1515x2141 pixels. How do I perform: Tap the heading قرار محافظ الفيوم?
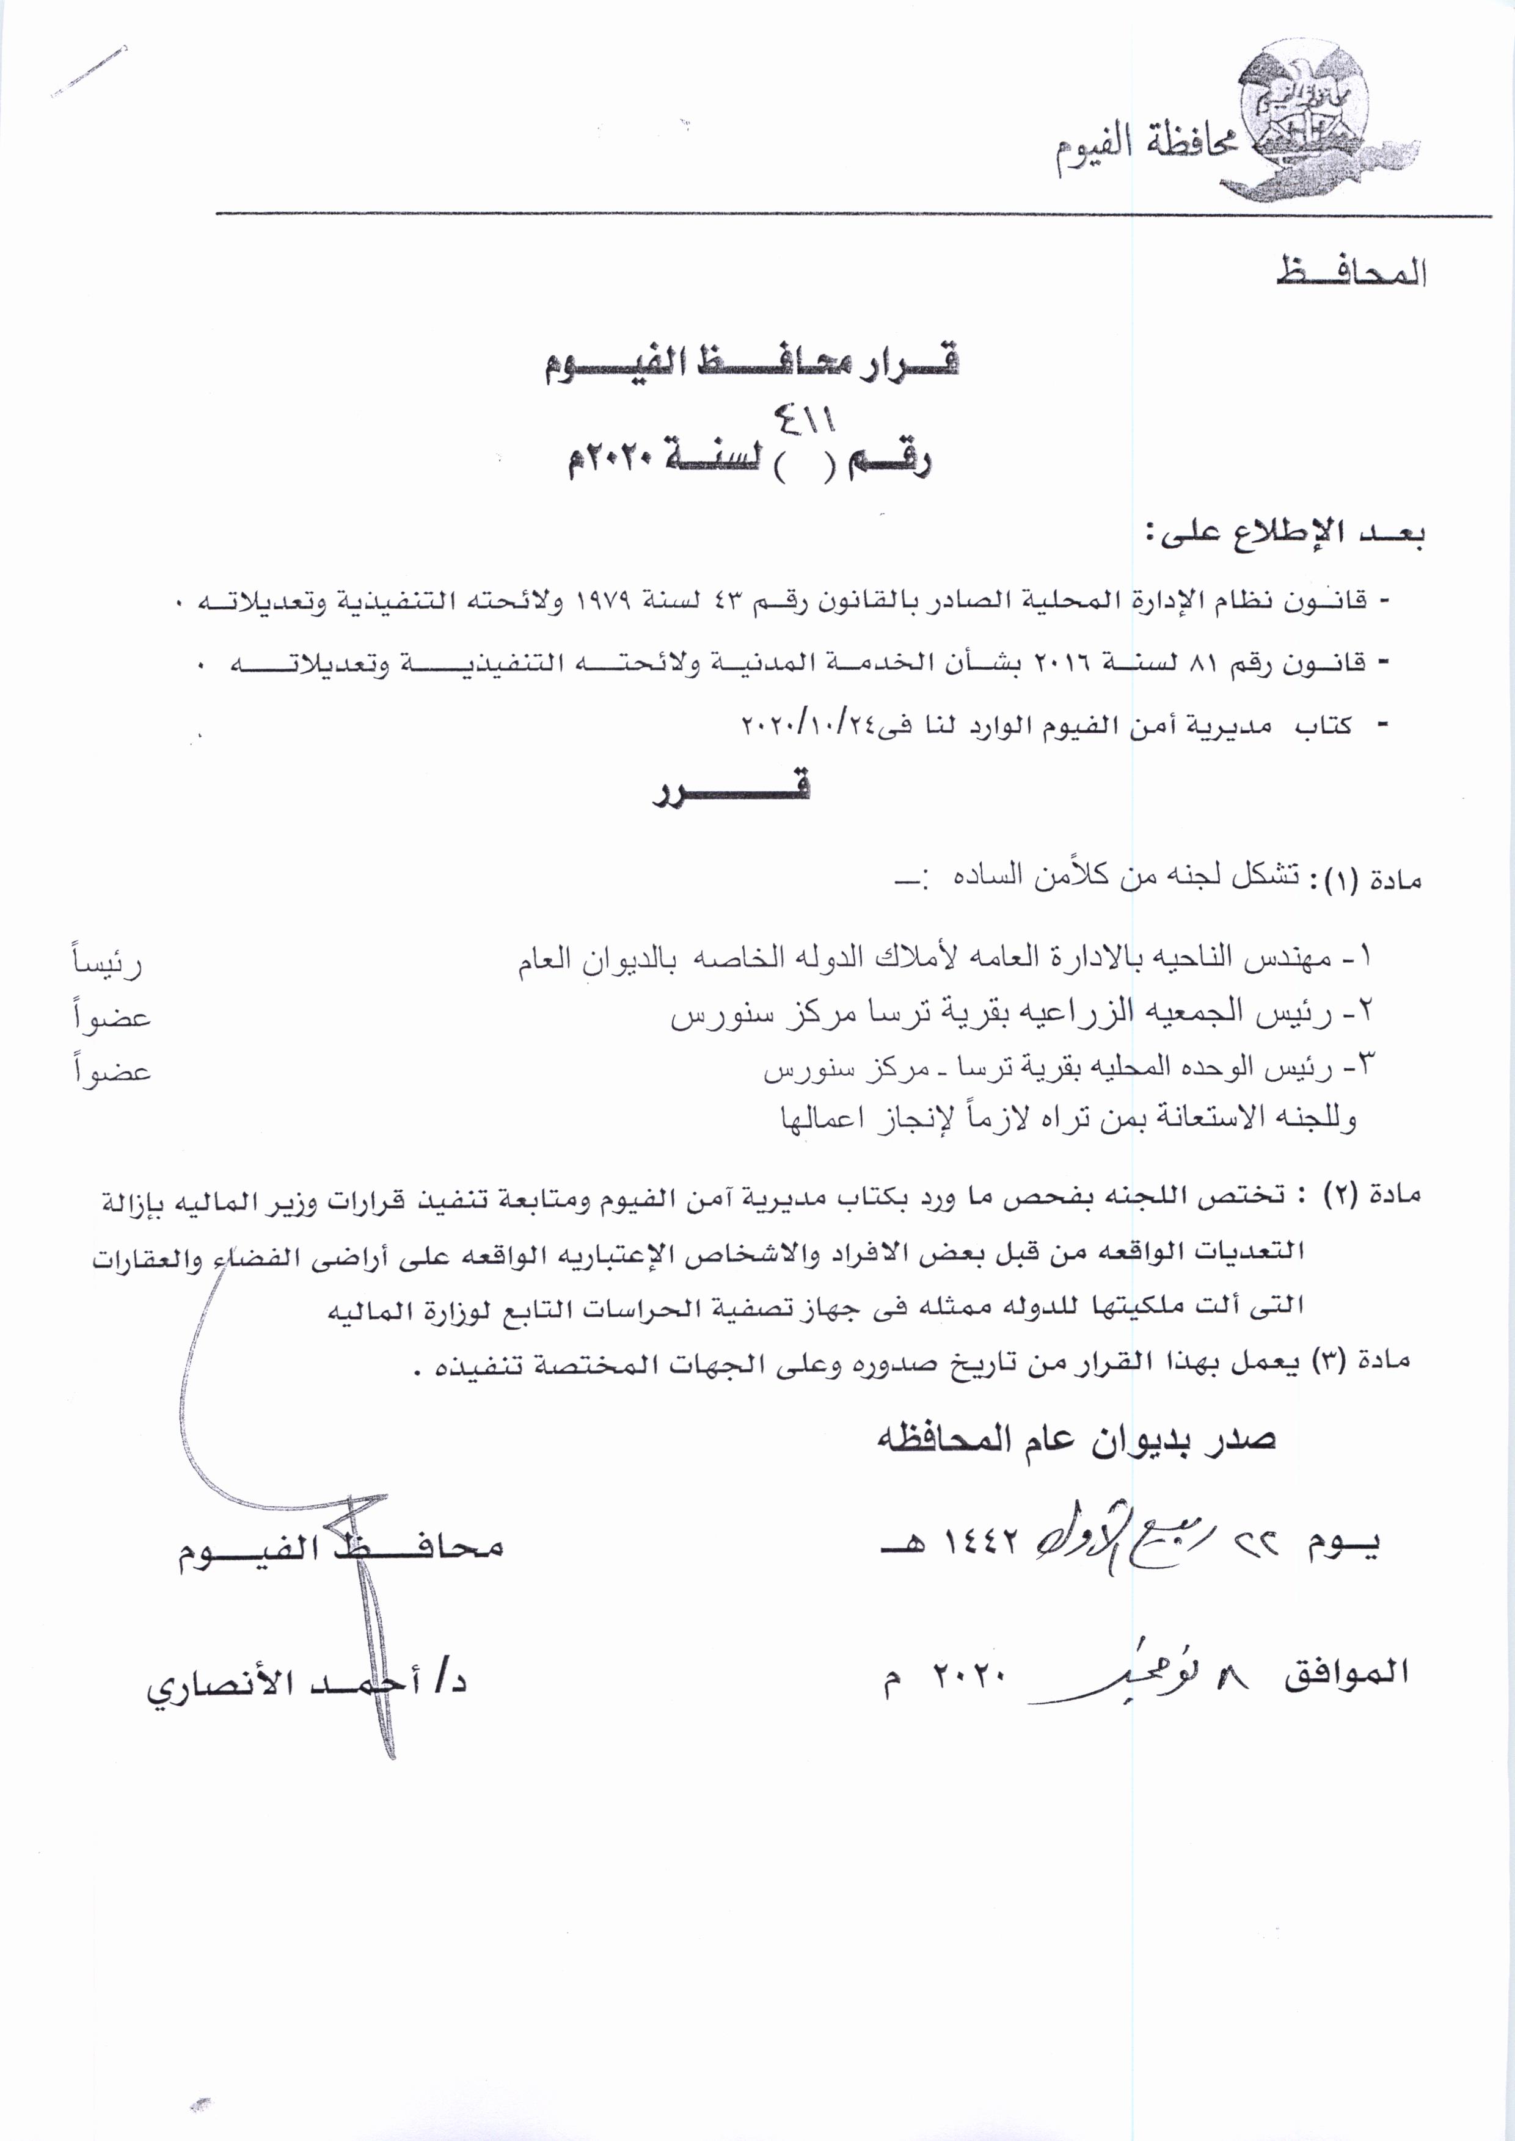point(752,362)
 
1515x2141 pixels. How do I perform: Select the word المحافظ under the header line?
point(1351,270)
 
